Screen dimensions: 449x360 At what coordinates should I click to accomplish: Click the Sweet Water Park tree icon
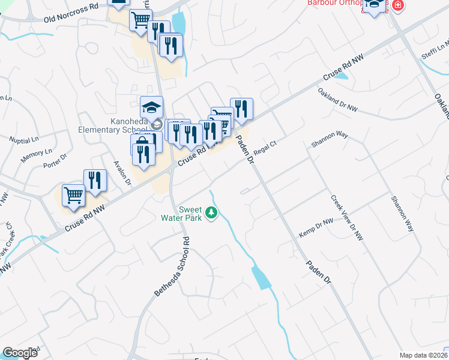[211, 212]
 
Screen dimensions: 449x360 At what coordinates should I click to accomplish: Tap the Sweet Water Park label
[185, 209]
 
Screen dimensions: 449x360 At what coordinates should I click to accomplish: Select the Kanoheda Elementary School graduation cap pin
[152, 108]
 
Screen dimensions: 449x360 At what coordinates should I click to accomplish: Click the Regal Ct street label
[264, 148]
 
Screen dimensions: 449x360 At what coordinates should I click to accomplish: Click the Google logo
[20, 353]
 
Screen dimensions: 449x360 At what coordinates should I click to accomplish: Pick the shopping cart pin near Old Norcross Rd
[140, 20]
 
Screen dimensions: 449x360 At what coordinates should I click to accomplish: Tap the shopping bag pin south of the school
[142, 143]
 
